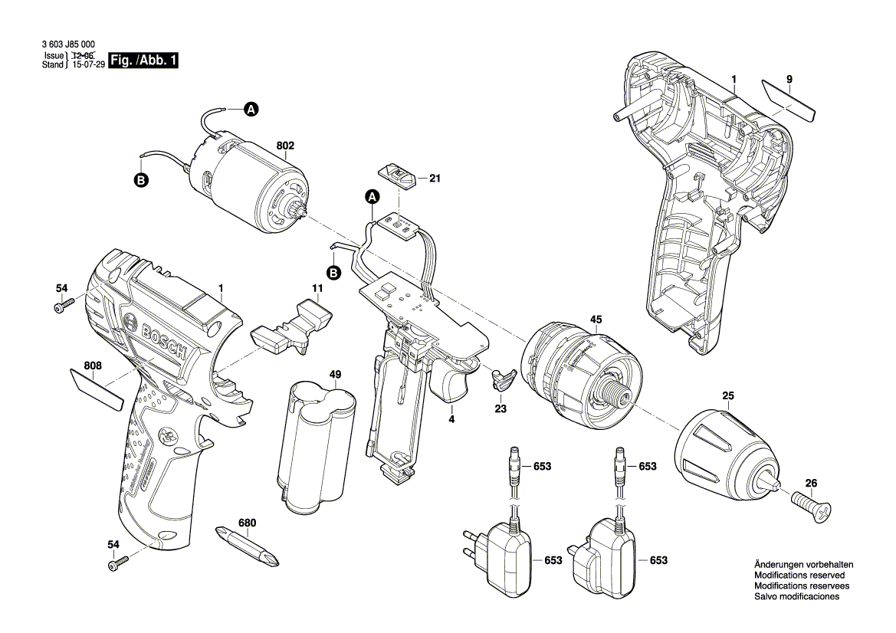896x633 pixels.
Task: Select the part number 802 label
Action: point(285,145)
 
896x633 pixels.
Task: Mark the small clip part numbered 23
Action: point(501,379)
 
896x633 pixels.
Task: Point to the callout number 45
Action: point(596,320)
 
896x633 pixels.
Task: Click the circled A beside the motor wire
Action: point(251,110)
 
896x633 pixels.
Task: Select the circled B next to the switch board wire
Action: point(333,272)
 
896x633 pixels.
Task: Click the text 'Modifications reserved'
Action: point(799,575)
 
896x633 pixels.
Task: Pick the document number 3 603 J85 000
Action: point(69,46)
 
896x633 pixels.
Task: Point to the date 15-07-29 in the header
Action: point(86,66)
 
